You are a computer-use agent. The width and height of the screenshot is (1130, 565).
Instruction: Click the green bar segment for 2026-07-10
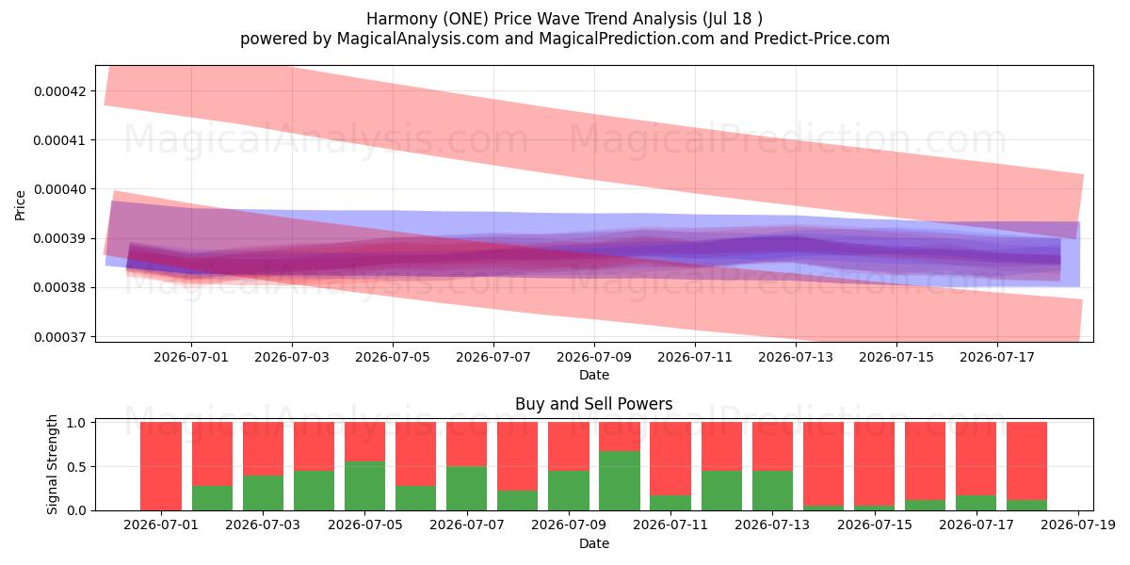coord(620,481)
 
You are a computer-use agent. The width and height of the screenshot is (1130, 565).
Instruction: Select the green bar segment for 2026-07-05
coord(365,486)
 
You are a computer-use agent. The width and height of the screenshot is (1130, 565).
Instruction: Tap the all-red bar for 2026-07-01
coord(161,466)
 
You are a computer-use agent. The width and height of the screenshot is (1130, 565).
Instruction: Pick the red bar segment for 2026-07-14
coord(823,463)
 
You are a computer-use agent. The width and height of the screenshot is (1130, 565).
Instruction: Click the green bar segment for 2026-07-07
coord(467,489)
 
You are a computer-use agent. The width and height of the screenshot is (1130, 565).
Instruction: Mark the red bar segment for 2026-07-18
coord(1027,461)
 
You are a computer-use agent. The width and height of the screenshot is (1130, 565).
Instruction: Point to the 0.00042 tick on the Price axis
coord(95,91)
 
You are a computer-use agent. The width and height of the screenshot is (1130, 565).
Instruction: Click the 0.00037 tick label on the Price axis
coord(60,337)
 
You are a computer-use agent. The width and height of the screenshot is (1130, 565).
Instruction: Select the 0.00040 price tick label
coord(60,189)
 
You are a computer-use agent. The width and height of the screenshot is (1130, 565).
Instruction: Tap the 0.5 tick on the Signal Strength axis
coord(95,467)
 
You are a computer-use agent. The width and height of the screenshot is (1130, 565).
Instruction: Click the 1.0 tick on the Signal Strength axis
coord(95,422)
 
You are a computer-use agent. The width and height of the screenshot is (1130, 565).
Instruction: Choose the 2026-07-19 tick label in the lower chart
coord(1078,525)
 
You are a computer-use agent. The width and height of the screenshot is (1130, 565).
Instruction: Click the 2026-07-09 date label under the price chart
coord(594,357)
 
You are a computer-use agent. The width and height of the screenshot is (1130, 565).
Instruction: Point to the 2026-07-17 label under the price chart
coord(997,357)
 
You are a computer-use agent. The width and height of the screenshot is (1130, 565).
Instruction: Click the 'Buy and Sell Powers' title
coord(594,404)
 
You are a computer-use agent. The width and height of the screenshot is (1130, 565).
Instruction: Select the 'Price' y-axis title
coord(20,205)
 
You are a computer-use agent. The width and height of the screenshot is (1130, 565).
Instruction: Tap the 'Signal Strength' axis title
coord(52,464)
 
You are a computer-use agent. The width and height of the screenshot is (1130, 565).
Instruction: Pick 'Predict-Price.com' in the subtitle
coord(822,39)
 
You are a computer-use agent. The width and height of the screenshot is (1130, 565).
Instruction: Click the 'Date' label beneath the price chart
coord(594,375)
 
